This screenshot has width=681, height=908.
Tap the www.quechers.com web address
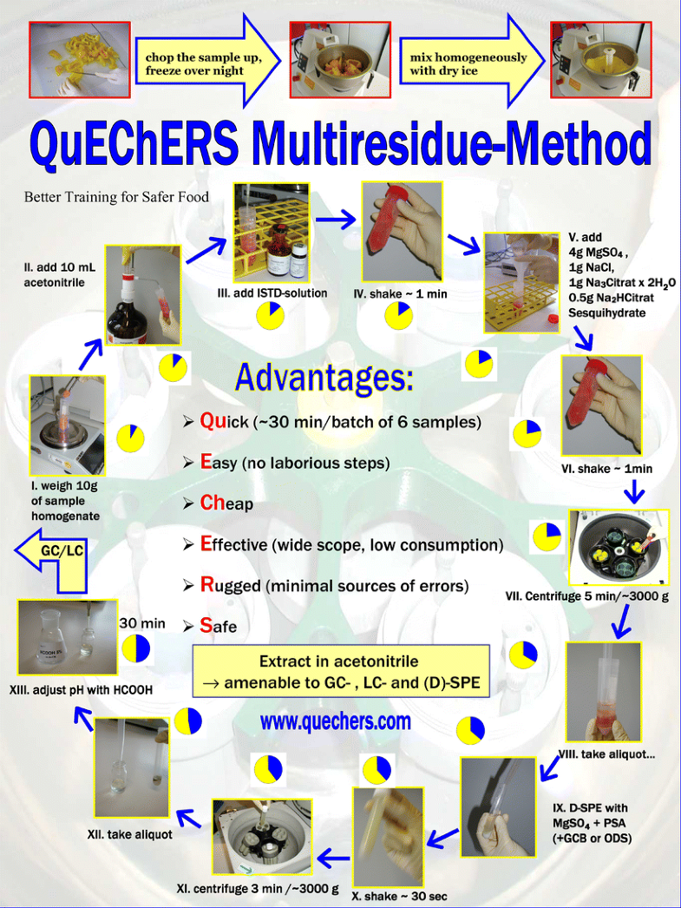[x=336, y=720]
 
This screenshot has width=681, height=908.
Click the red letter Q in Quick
[x=208, y=421]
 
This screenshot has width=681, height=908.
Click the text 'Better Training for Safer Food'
[x=116, y=197]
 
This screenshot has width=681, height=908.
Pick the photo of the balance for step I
[x=67, y=425]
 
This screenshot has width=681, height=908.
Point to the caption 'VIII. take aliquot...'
[x=606, y=754]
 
